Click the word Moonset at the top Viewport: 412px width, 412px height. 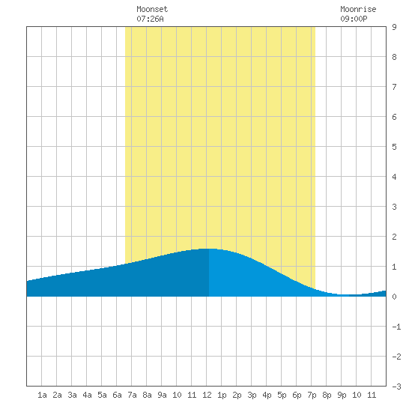(152, 9)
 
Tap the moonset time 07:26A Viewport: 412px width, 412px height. (150, 19)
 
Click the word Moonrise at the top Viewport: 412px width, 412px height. (358, 9)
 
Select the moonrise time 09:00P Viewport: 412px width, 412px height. (354, 19)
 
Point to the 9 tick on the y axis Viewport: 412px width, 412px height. (394, 27)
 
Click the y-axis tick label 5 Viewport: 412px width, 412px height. (394, 147)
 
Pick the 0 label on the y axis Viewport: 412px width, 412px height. (394, 297)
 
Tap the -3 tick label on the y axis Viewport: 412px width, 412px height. (396, 387)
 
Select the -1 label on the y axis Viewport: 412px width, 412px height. (396, 327)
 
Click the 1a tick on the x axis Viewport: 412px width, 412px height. (42, 395)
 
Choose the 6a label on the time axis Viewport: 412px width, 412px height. (117, 395)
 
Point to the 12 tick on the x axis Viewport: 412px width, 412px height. (207, 395)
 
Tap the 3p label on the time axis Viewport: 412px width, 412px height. (252, 395)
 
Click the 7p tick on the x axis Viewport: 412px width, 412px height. (312, 395)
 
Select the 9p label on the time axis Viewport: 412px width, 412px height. (342, 395)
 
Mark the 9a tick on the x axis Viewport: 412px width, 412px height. (162, 395)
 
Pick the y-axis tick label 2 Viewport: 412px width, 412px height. (394, 237)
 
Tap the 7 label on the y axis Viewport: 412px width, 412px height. (394, 87)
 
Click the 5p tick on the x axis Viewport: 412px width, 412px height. (282, 395)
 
